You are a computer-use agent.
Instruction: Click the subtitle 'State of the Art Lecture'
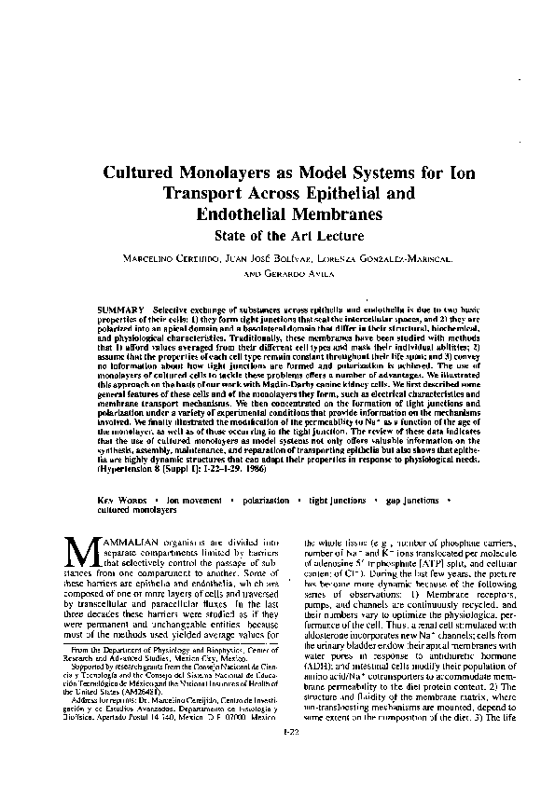tap(277, 235)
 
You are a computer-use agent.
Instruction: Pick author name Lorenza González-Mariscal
tap(382, 256)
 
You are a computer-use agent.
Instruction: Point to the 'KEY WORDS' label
tap(122, 501)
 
